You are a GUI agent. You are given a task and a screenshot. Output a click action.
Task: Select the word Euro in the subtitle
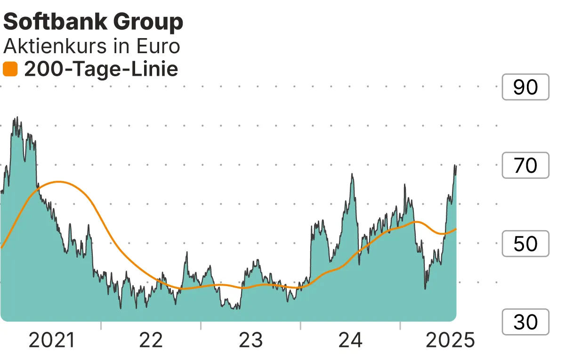pyautogui.click(x=158, y=47)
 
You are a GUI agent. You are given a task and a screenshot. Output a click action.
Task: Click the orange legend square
pyautogui.click(x=10, y=70)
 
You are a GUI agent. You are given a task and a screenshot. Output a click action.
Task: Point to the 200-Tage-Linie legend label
pyautogui.click(x=101, y=70)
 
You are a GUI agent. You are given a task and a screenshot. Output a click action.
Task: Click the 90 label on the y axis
pyautogui.click(x=525, y=87)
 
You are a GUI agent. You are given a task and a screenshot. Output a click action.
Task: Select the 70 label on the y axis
pyautogui.click(x=525, y=166)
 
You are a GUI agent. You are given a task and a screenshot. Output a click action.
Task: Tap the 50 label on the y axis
pyautogui.click(x=525, y=244)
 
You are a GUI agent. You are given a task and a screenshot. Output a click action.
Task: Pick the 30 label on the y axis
pyautogui.click(x=525, y=322)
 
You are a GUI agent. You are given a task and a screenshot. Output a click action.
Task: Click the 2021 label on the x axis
pyautogui.click(x=52, y=340)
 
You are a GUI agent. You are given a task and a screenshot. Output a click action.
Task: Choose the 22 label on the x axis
pyautogui.click(x=151, y=340)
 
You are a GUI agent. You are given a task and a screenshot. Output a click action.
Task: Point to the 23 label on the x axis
pyautogui.click(x=251, y=340)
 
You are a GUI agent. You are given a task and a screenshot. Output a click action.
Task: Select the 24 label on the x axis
pyautogui.click(x=351, y=340)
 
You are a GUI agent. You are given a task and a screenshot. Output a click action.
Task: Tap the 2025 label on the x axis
pyautogui.click(x=450, y=340)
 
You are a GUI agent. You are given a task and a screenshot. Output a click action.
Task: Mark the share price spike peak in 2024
pyautogui.click(x=352, y=174)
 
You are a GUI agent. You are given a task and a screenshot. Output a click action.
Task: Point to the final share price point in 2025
pyautogui.click(x=456, y=165)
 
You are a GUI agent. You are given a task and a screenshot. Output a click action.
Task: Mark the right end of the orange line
pyautogui.click(x=456, y=229)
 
